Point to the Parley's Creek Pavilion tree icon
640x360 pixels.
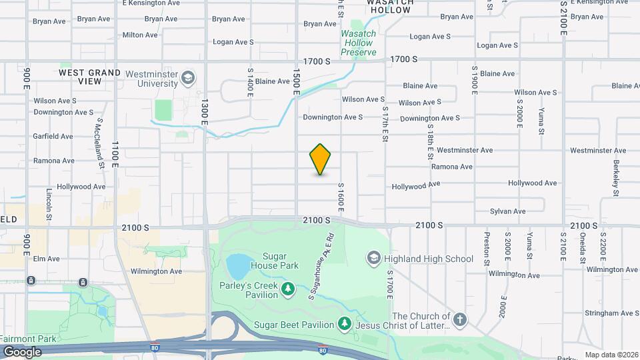pos(287,289)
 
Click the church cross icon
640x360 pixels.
pos(460,321)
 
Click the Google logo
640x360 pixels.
pos(22,351)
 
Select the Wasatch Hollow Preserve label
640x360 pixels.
pos(359,43)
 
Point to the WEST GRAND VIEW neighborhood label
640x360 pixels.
pos(90,77)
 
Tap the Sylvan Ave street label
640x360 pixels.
pos(507,211)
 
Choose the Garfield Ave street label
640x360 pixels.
pos(53,136)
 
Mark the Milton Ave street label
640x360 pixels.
pos(139,35)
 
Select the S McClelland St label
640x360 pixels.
pos(101,143)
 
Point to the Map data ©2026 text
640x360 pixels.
pos(611,355)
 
